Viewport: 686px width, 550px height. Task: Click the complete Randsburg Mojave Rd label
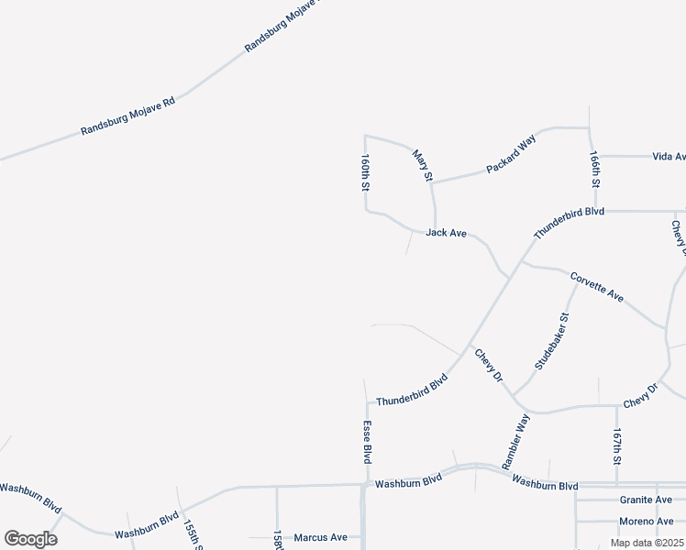(x=127, y=115)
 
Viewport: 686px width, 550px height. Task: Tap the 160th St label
(x=364, y=171)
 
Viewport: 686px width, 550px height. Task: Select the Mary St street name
(x=422, y=166)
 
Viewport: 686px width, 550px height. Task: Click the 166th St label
(x=595, y=170)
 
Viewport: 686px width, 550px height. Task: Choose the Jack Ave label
(x=447, y=234)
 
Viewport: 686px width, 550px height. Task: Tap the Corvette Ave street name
(x=597, y=287)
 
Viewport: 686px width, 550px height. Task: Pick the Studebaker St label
(x=552, y=340)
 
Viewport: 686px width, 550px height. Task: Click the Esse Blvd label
(x=367, y=441)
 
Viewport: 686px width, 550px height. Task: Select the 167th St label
(x=618, y=448)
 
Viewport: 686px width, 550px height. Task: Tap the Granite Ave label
(x=646, y=500)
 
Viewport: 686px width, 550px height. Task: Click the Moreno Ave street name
(x=646, y=522)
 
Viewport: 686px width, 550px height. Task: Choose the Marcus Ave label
(x=321, y=537)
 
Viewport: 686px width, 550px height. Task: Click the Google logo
(x=30, y=539)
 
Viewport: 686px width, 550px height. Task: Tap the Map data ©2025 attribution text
(x=647, y=543)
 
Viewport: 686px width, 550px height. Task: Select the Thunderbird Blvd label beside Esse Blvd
(x=411, y=390)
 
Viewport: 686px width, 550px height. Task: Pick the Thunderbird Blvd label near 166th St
(x=570, y=224)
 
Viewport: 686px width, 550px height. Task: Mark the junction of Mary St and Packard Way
(x=432, y=182)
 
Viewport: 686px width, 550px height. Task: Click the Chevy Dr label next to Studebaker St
(x=489, y=365)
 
